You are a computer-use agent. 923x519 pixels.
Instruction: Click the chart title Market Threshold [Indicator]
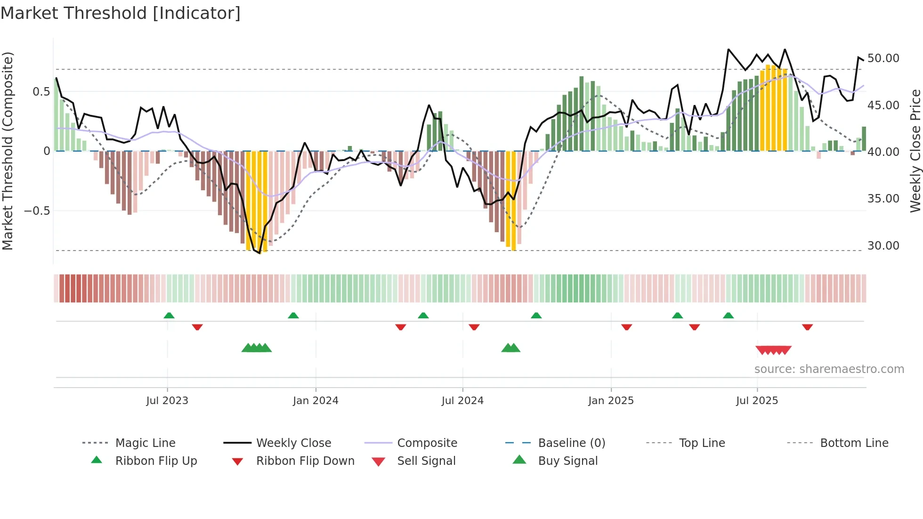[121, 13]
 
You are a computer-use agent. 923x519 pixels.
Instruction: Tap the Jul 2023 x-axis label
[167, 401]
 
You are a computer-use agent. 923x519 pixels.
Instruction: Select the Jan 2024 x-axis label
[315, 401]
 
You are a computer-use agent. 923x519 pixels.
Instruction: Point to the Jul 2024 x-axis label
[462, 401]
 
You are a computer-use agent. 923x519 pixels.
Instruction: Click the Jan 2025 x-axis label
[610, 401]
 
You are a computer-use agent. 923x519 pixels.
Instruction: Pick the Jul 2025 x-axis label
[757, 401]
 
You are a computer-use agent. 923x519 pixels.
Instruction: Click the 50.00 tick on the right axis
[883, 58]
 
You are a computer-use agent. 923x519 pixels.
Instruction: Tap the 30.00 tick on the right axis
[883, 246]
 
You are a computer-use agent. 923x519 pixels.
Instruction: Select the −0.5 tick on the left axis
[37, 211]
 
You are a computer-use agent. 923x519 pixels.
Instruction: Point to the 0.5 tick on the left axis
[41, 91]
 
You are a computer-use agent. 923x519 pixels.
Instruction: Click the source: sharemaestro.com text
[829, 369]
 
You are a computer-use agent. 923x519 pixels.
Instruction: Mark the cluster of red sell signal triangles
[773, 350]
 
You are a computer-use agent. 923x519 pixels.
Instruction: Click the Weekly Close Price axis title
[915, 151]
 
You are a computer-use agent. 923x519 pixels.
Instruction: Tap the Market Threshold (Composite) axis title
[8, 151]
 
